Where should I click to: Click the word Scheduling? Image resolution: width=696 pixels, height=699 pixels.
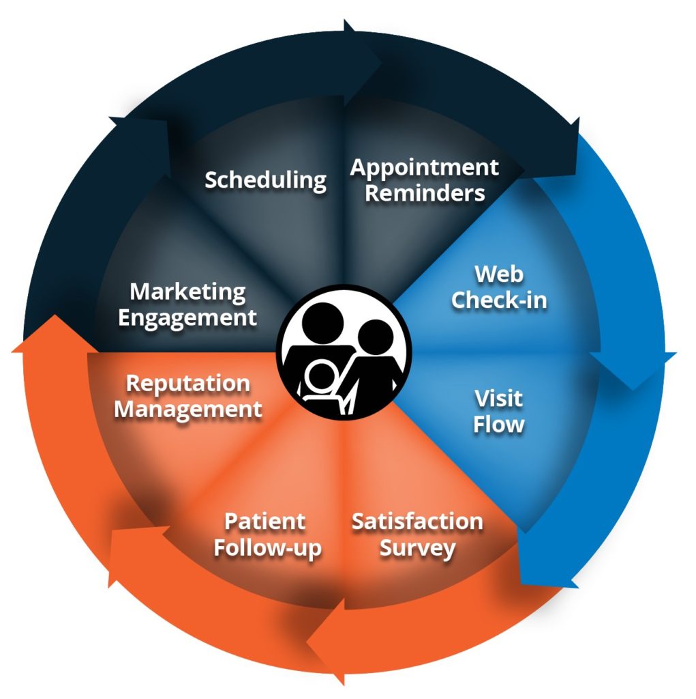[x=265, y=180]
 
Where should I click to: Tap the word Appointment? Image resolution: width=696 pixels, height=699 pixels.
[x=424, y=167]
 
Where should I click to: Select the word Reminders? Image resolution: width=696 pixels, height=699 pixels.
[x=425, y=192]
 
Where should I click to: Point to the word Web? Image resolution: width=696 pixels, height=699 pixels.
[x=499, y=274]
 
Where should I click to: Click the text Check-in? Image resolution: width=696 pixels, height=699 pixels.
[x=499, y=300]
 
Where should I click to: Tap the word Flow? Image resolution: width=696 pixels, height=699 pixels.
[x=499, y=424]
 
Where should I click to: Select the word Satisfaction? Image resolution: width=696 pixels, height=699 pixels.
[x=417, y=522]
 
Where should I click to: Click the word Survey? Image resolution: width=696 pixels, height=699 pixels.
[x=417, y=548]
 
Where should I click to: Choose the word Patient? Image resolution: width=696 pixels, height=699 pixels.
[x=265, y=522]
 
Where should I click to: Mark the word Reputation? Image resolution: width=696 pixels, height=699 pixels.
[x=188, y=383]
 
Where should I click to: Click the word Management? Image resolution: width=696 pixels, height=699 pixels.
[x=188, y=410]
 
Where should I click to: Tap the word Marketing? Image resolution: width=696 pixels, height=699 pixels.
[x=188, y=291]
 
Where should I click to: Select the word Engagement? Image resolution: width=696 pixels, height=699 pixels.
[x=188, y=317]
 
